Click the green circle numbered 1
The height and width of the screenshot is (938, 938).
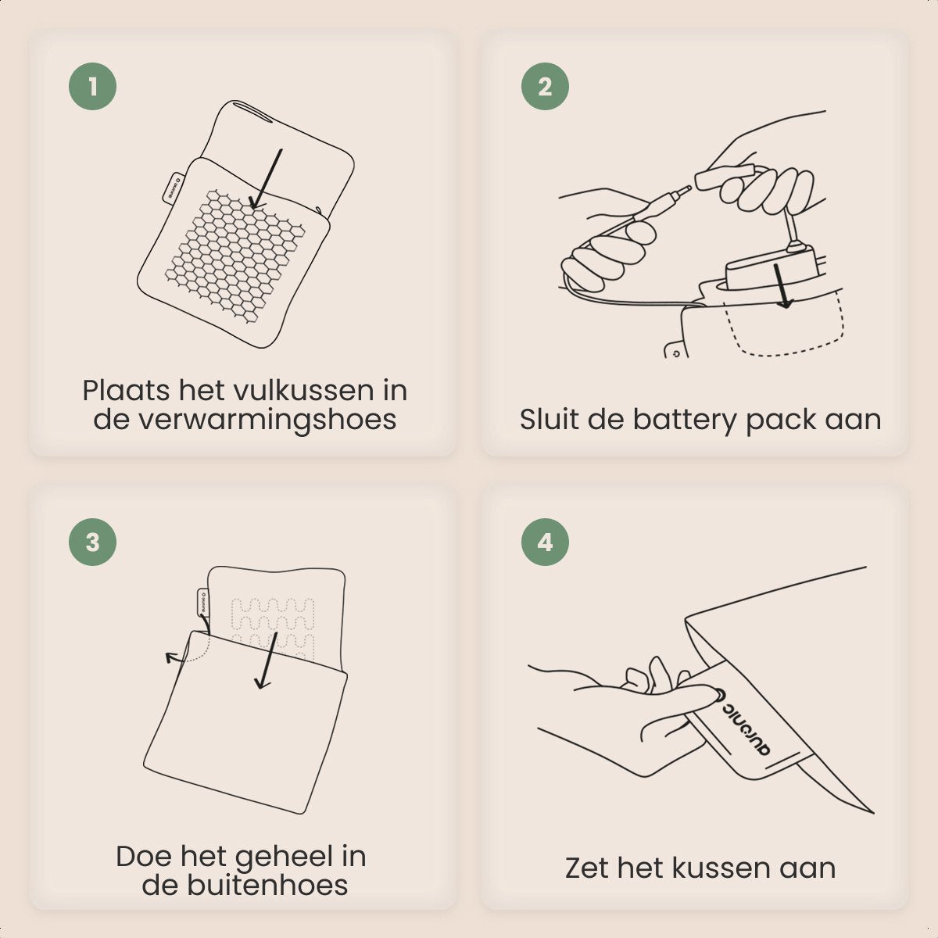tap(92, 87)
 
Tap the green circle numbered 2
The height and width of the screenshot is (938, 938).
tap(545, 87)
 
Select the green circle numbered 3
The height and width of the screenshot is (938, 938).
tap(92, 542)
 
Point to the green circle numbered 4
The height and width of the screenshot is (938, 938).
tap(545, 542)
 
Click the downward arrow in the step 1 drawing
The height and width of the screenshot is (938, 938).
tap(267, 179)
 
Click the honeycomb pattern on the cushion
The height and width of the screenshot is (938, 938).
tap(234, 256)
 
